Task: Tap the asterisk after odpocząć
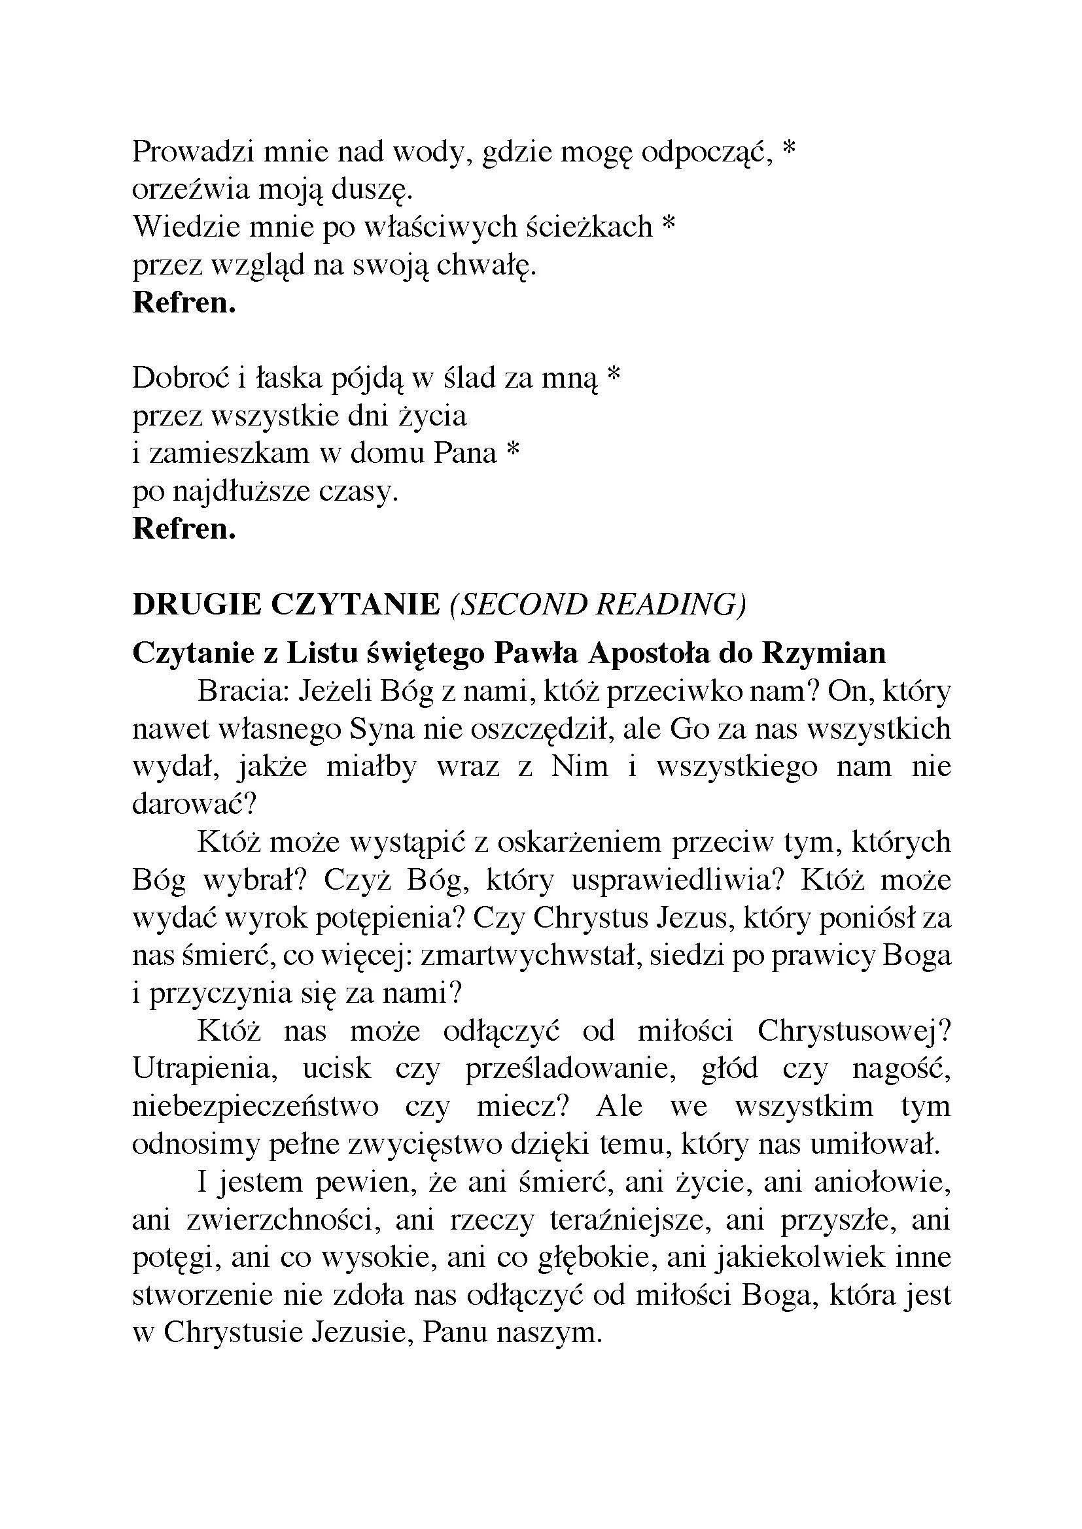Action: (x=789, y=149)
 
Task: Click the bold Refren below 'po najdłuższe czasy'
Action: (x=184, y=529)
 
